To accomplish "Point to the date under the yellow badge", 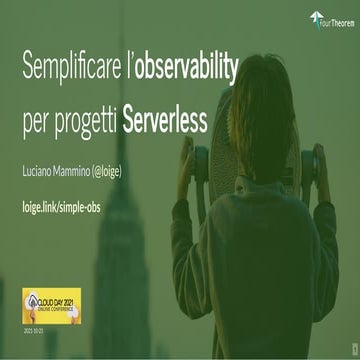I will click(31, 325).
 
